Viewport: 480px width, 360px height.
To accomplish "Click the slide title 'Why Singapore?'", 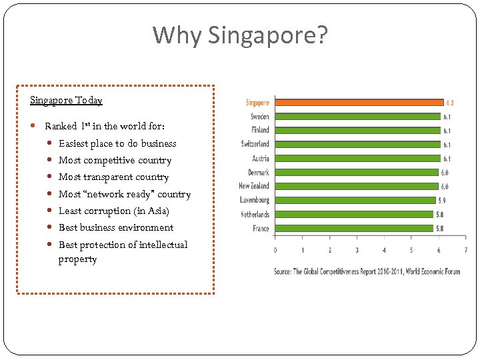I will pyautogui.click(x=240, y=35).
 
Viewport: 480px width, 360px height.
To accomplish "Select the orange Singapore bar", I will pyautogui.click(x=359, y=103).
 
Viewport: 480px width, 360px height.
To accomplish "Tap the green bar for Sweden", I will pyautogui.click(x=357, y=117).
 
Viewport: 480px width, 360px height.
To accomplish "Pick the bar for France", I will pyautogui.click(x=353, y=229).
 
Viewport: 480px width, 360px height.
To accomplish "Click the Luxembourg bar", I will pyautogui.click(x=355, y=200).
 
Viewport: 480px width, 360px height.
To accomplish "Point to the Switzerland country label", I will pyautogui.click(x=255, y=144).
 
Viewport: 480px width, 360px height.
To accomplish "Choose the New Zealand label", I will pyautogui.click(x=254, y=186).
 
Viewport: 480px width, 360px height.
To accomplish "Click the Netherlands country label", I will pyautogui.click(x=255, y=215).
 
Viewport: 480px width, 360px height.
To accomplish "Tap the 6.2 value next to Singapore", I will pyautogui.click(x=450, y=103).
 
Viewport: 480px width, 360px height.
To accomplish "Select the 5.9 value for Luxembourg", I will pyautogui.click(x=442, y=201).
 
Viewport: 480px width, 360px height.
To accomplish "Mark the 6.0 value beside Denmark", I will pyautogui.click(x=445, y=173).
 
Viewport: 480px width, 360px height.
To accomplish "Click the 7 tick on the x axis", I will pyautogui.click(x=465, y=251).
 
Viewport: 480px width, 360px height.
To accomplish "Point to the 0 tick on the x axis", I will pyautogui.click(x=275, y=251).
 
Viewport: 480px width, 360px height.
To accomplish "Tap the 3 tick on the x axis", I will pyautogui.click(x=357, y=251).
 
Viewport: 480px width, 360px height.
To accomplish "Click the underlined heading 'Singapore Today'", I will pyautogui.click(x=66, y=101).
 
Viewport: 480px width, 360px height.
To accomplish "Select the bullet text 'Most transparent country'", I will pyautogui.click(x=113, y=177).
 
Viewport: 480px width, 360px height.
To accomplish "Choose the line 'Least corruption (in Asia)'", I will pyautogui.click(x=114, y=211).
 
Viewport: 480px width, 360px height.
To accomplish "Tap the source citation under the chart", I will pyautogui.click(x=367, y=271).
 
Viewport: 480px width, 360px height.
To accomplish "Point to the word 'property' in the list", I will pyautogui.click(x=77, y=259).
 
